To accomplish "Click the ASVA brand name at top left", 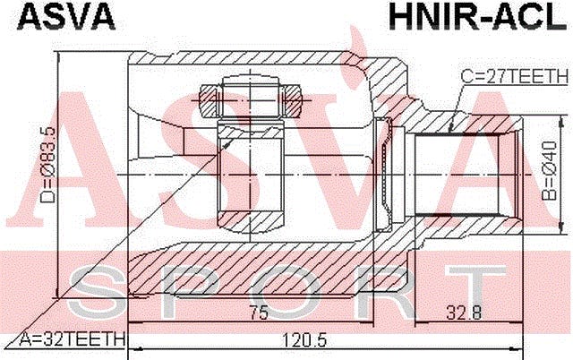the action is pyautogui.click(x=66, y=16).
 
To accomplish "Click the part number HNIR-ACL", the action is pyautogui.click(x=478, y=16).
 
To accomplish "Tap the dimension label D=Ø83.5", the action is pyautogui.click(x=47, y=165).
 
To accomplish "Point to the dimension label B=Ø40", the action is pyautogui.click(x=549, y=171).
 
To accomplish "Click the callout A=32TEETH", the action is pyautogui.click(x=72, y=339).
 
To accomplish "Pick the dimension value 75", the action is pyautogui.click(x=259, y=312).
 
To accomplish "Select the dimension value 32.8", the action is pyautogui.click(x=464, y=312).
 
